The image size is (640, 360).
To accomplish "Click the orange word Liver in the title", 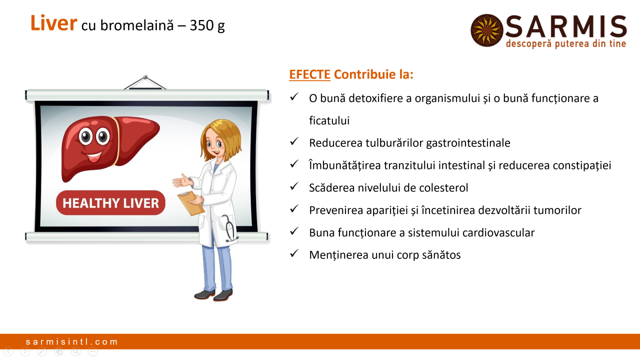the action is click(53, 23).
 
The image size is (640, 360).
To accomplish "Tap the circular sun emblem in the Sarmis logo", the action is click(487, 30).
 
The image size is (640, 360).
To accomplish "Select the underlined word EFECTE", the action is click(309, 74).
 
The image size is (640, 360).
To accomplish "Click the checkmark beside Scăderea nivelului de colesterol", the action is click(294, 186).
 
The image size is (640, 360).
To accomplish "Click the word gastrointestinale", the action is click(468, 143).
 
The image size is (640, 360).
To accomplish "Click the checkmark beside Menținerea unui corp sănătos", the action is click(294, 253).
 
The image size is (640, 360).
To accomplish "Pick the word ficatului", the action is click(329, 120).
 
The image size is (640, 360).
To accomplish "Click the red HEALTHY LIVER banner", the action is click(110, 203).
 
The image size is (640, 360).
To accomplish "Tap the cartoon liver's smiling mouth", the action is click(94, 156).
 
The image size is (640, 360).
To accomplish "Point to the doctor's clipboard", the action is click(191, 203).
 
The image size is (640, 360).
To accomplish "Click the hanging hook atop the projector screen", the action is click(145, 82).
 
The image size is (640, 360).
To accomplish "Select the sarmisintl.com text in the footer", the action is click(71, 341).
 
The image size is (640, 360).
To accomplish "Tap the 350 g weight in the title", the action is click(207, 25).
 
